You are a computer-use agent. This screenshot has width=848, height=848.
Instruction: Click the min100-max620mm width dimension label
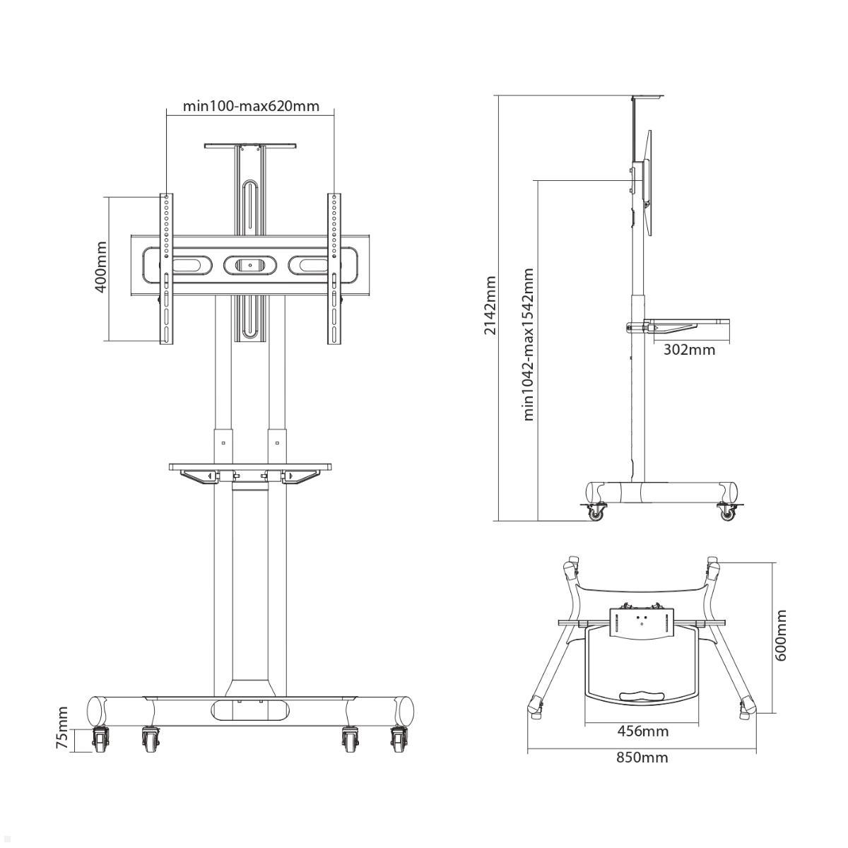251,106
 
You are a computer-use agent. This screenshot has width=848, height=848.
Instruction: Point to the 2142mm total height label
490,305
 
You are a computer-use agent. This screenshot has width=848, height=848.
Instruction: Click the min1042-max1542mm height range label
528,344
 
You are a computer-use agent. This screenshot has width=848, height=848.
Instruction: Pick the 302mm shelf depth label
689,349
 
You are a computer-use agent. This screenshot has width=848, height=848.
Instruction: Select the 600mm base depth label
781,635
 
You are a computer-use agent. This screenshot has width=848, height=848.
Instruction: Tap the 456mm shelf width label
642,731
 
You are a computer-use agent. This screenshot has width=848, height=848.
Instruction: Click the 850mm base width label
642,758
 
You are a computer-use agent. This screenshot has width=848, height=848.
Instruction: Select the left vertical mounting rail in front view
165,269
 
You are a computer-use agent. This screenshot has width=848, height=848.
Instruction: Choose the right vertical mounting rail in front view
334,269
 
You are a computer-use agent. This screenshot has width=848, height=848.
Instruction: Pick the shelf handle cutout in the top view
642,696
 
